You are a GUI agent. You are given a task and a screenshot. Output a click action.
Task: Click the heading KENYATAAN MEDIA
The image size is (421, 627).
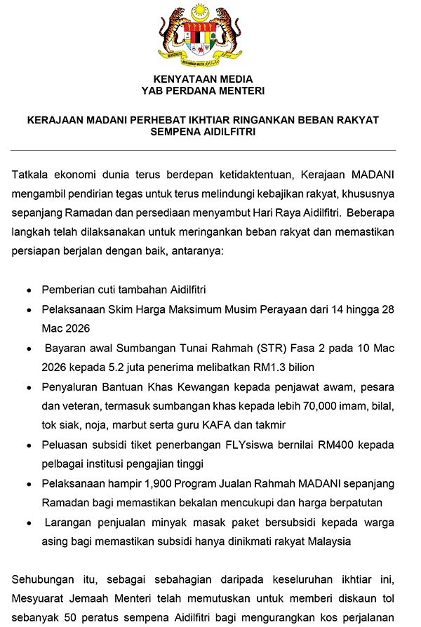(x=203, y=79)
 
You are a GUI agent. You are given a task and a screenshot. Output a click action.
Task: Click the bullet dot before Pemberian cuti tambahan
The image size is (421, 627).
(x=28, y=290)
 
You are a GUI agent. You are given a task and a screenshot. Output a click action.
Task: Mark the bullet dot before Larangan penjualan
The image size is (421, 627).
(x=28, y=522)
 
